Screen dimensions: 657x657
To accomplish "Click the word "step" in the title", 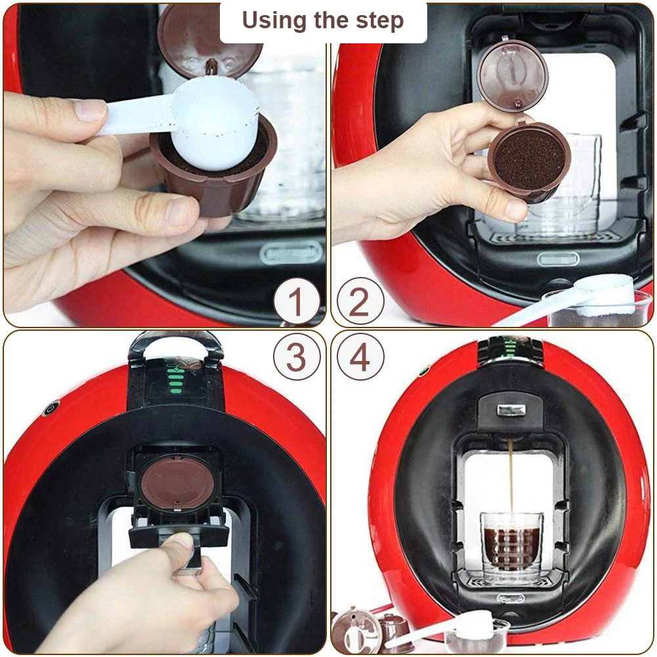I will click(380, 21).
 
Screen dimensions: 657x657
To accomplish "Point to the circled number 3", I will click(296, 358).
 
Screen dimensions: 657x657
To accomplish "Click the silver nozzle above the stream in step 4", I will click(511, 410).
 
